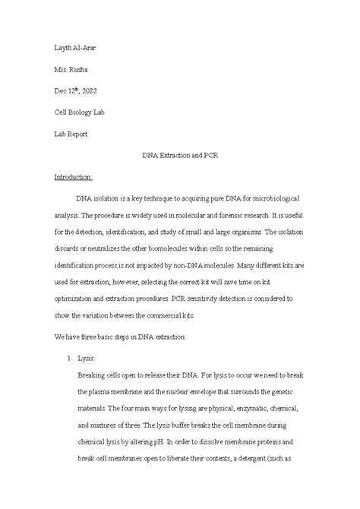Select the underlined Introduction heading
click(x=73, y=176)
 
